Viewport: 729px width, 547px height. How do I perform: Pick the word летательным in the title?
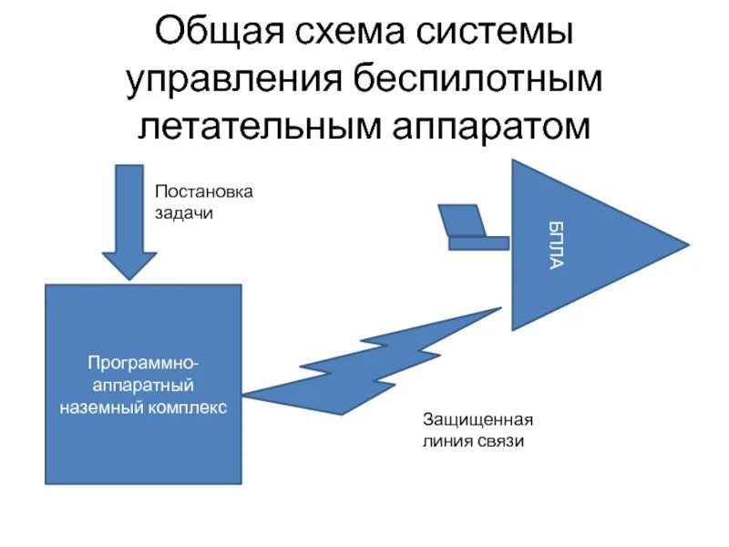(254, 127)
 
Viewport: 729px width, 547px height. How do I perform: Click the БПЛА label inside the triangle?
(556, 244)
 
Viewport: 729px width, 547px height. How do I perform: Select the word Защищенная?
(477, 421)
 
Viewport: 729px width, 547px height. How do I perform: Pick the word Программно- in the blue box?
(144, 365)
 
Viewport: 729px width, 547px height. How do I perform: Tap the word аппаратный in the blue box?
(143, 385)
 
